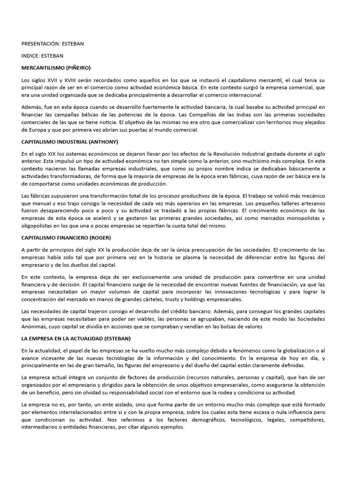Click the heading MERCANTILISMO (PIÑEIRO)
point(56,68)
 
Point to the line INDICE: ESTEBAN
point(42,56)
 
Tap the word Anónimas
point(35,326)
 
